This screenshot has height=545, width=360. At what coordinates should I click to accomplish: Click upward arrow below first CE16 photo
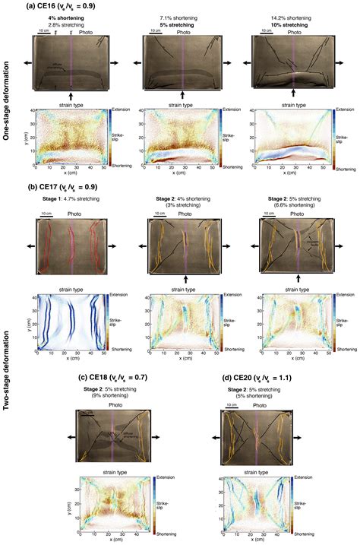(71, 97)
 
